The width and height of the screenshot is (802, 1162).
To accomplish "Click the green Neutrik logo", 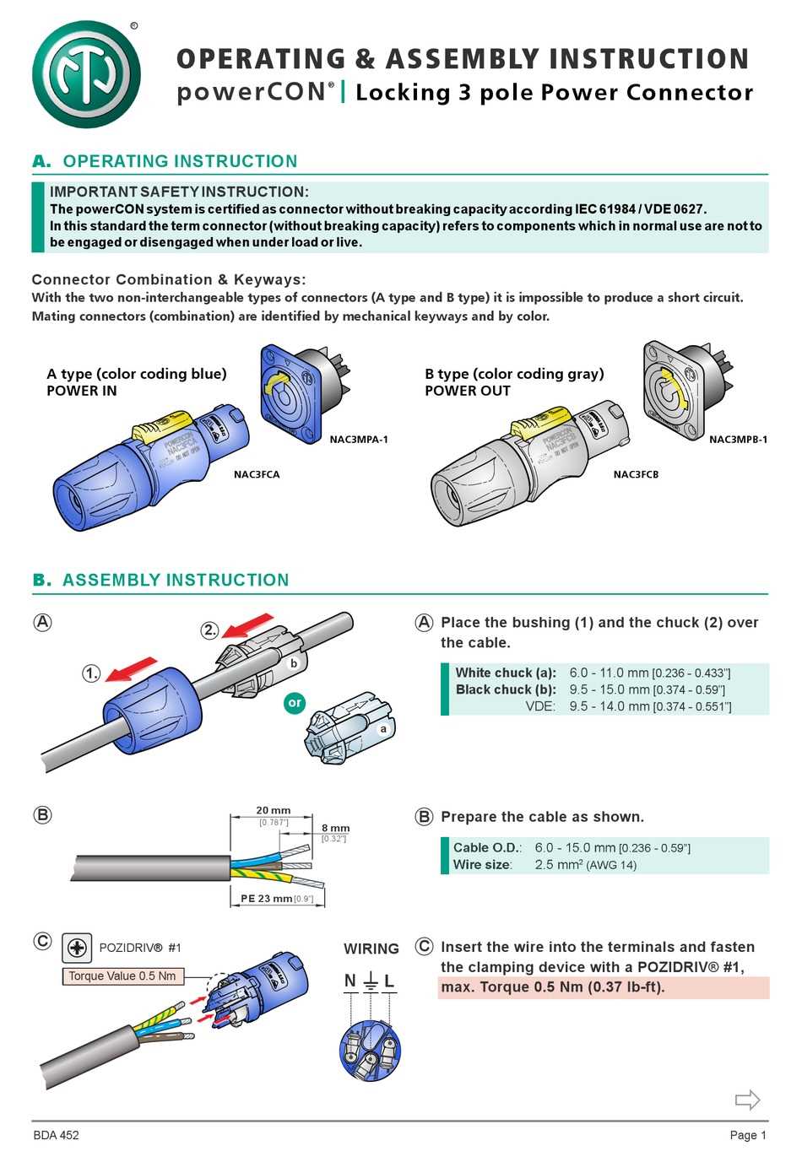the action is (86, 74).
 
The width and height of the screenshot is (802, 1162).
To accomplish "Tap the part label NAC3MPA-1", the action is (359, 440).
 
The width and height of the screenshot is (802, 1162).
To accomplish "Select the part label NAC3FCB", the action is (636, 474).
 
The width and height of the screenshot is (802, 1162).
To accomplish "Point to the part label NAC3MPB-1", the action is (738, 440).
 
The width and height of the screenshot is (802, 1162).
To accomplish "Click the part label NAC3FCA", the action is (257, 474).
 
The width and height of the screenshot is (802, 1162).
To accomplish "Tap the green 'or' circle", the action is (295, 702).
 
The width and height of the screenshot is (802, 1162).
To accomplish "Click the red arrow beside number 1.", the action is (131, 668).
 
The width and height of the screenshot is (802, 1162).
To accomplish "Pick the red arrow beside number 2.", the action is (247, 625).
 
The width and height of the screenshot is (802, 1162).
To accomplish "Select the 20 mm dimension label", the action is (273, 810).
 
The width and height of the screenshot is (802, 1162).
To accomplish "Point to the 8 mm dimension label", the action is (335, 828).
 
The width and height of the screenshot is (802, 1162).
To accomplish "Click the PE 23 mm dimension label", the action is (266, 899).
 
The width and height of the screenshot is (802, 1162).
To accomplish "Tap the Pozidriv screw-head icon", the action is (77, 948).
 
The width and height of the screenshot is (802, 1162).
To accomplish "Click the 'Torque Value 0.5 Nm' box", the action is (122, 976).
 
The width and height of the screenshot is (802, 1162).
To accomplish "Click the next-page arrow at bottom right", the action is (747, 1100).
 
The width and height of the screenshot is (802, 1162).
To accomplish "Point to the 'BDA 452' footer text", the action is (56, 1136).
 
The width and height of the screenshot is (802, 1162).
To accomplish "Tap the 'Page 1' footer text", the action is (748, 1136).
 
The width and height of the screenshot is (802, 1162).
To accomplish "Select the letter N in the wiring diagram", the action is (350, 981).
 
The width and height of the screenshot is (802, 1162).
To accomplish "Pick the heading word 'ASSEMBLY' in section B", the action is (126, 580).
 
